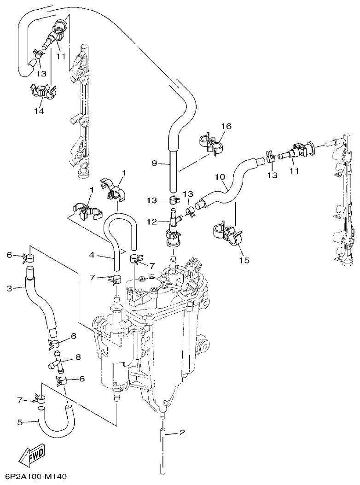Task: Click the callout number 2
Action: click(x=182, y=432)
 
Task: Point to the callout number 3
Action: click(x=10, y=289)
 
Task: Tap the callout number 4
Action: click(x=92, y=254)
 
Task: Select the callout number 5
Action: click(x=20, y=422)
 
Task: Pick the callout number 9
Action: click(x=155, y=163)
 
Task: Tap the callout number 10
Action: click(x=220, y=176)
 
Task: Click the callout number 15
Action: click(x=244, y=260)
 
